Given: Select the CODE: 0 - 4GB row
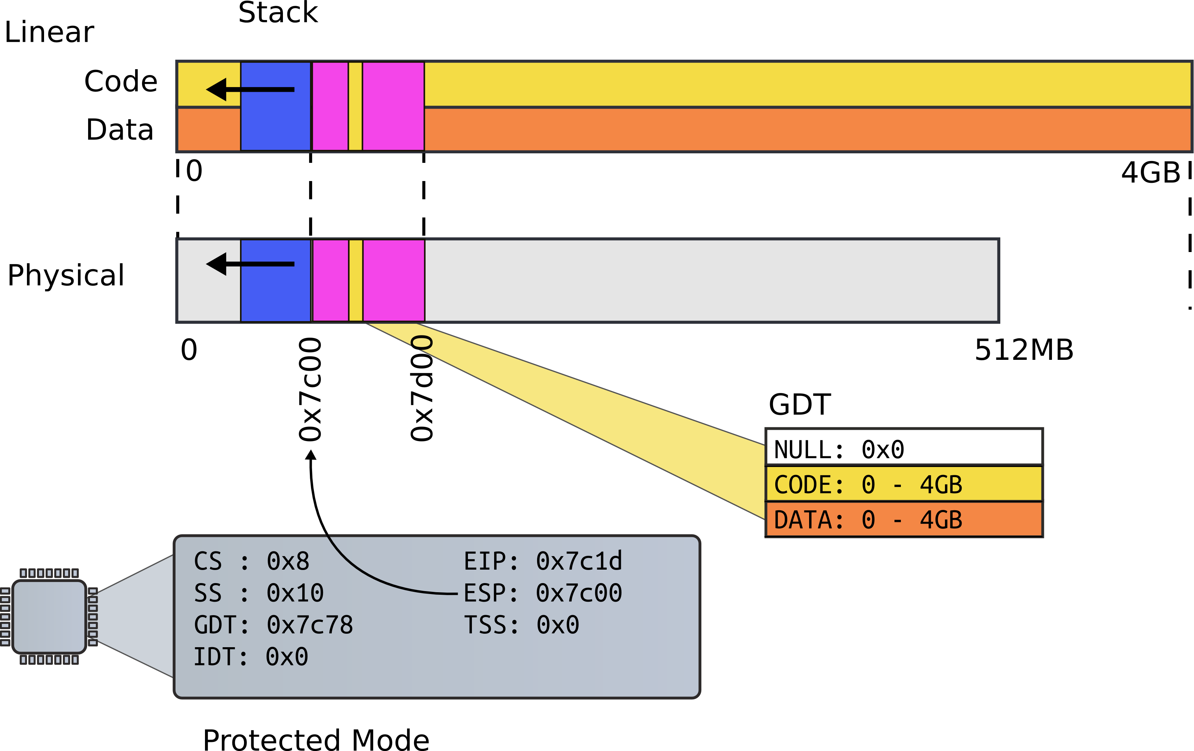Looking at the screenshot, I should [903, 484].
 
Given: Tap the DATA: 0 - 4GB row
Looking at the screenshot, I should [903, 519].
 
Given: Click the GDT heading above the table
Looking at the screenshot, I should [799, 405].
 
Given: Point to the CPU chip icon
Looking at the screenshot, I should [49, 617].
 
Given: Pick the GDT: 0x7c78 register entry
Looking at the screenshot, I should [273, 625].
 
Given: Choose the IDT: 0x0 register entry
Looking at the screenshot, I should [251, 657].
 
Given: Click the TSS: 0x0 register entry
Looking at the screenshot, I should [521, 625].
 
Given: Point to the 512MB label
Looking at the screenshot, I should [1024, 350].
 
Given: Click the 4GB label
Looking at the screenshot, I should [1150, 173].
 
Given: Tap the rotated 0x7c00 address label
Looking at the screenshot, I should [310, 389].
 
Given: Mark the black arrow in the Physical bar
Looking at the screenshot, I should [251, 264].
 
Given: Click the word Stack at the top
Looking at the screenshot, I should [278, 13].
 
